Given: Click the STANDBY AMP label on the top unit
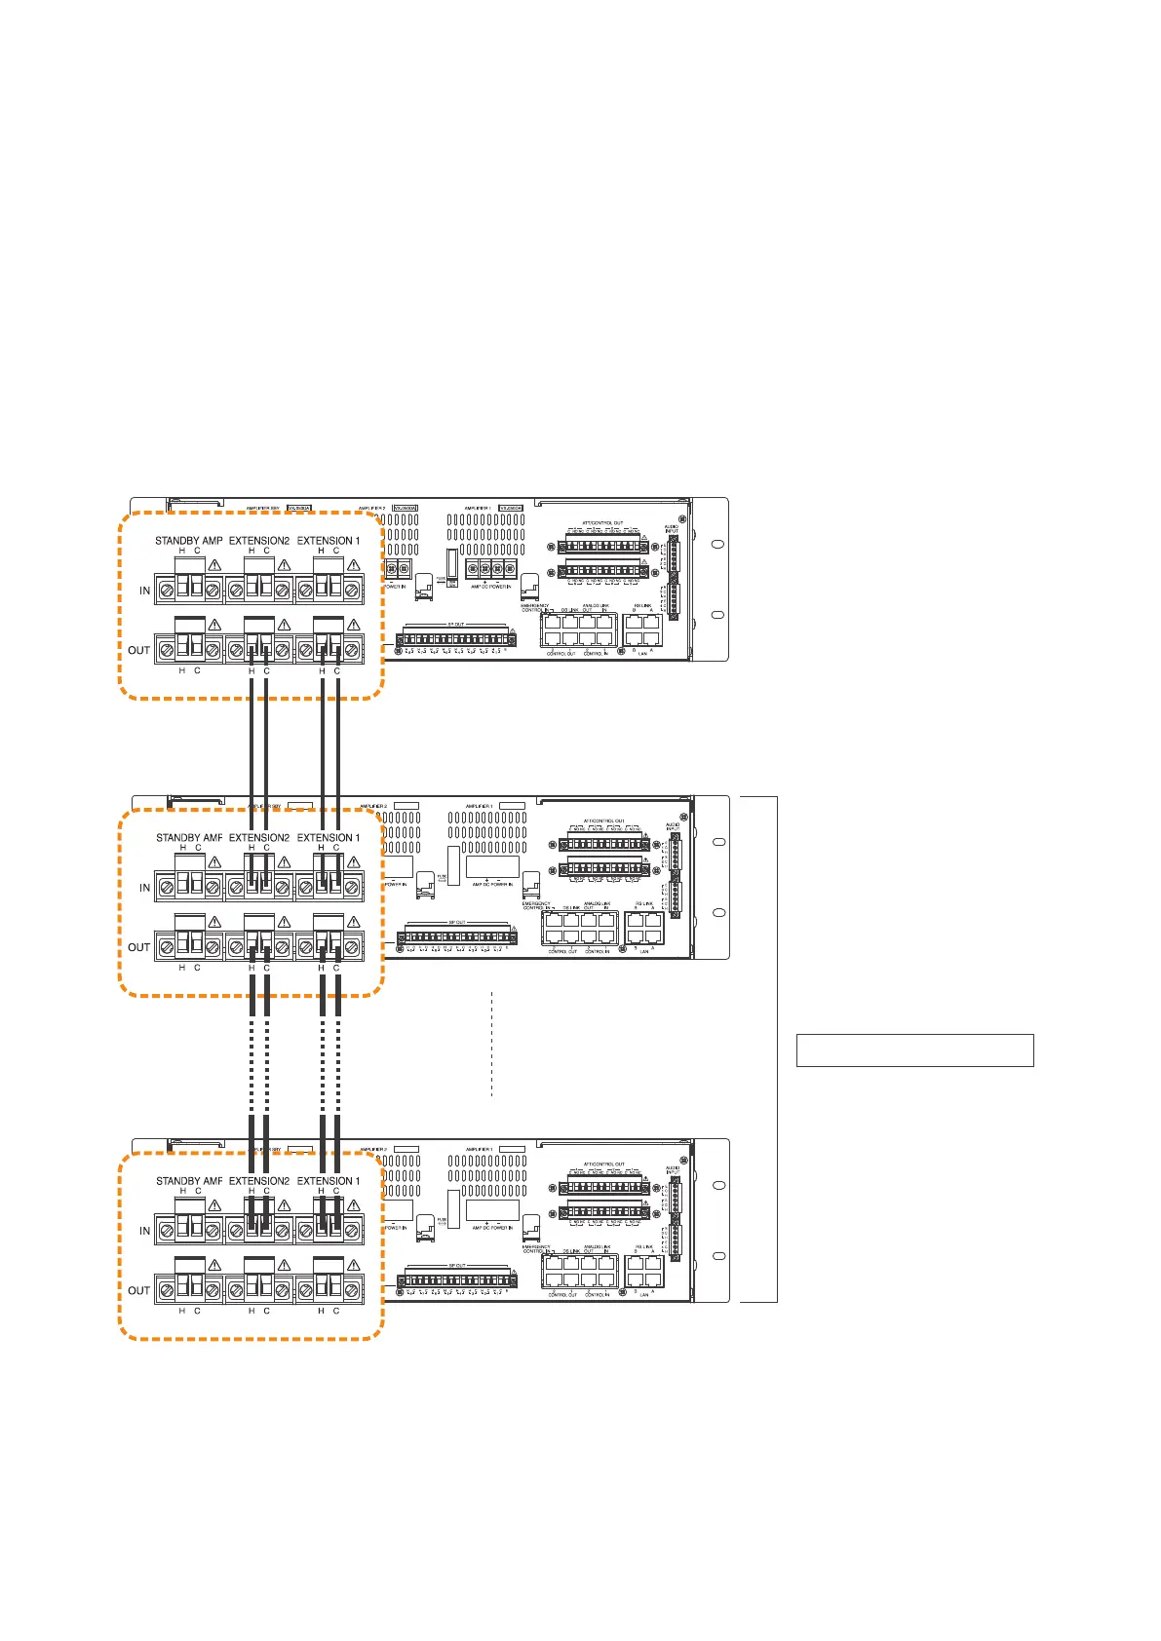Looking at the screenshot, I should pyautogui.click(x=189, y=541).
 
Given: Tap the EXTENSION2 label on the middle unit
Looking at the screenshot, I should pyautogui.click(x=259, y=838).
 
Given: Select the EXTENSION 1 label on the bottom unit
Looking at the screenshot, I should pyautogui.click(x=329, y=1181).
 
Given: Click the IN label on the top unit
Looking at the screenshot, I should pyautogui.click(x=145, y=591).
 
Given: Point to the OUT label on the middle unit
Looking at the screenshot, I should pyautogui.click(x=139, y=947).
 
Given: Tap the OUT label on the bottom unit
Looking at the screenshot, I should pyautogui.click(x=139, y=1290).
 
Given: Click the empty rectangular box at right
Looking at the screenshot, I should pyautogui.click(x=914, y=1050).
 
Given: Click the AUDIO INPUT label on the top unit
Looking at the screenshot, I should pyautogui.click(x=672, y=529).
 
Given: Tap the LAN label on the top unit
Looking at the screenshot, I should pyautogui.click(x=643, y=655).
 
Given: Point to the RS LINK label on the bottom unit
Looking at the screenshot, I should pyautogui.click(x=643, y=1247).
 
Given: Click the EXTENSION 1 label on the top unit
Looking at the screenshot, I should pyautogui.click(x=329, y=541).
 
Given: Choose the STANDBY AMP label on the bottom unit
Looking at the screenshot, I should pyautogui.click(x=189, y=1181).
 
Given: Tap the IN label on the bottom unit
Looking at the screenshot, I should pyautogui.click(x=145, y=1231).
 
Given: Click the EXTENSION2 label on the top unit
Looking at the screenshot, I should pyautogui.click(x=259, y=541).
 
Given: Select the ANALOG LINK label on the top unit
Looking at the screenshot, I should pyautogui.click(x=596, y=606).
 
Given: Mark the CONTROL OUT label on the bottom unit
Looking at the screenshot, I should pyautogui.click(x=561, y=1294).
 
